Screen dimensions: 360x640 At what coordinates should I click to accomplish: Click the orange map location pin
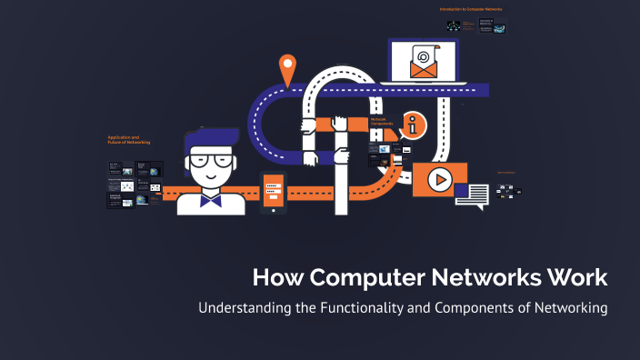[288, 67]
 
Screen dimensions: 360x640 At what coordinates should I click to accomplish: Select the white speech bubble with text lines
[472, 195]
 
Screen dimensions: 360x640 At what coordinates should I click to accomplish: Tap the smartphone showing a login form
[273, 188]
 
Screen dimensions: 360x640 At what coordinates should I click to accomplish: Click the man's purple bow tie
[212, 196]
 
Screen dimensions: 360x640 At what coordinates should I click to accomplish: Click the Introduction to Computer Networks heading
[469, 9]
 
